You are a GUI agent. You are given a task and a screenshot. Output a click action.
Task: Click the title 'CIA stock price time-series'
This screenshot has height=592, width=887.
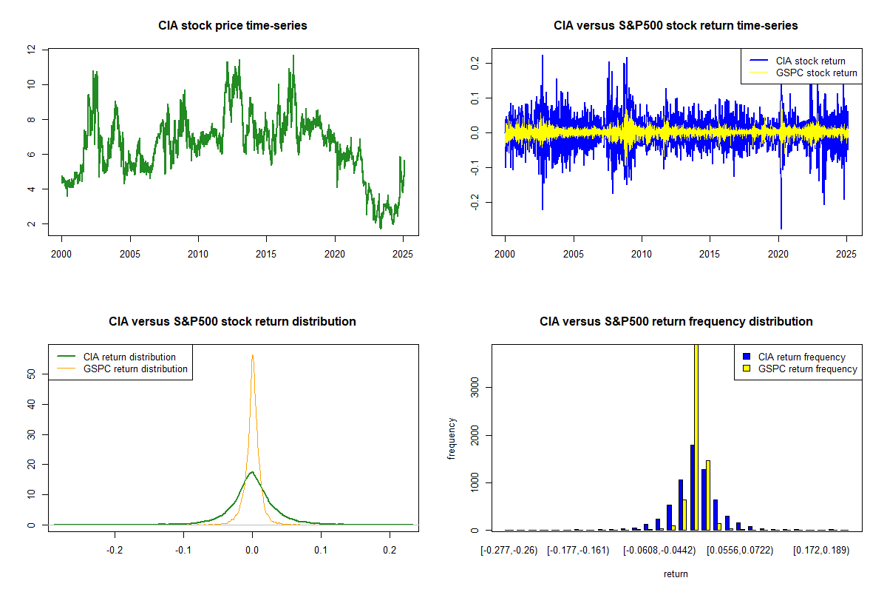[x=232, y=26]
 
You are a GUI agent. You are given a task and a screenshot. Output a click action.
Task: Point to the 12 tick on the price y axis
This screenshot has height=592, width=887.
[x=31, y=50]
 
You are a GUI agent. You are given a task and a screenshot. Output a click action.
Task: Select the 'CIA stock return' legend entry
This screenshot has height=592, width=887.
[x=810, y=61]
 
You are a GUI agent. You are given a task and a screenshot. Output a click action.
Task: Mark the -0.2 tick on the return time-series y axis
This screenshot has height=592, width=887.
[x=475, y=202]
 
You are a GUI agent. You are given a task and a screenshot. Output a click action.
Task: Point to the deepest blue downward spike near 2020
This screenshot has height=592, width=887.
[x=781, y=228]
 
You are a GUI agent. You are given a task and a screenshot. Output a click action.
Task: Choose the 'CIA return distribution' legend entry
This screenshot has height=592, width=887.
[x=129, y=357]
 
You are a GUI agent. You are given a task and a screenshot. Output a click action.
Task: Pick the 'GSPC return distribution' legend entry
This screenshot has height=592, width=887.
[x=135, y=369]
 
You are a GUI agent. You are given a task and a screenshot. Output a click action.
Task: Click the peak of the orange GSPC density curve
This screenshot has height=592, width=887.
[x=252, y=355]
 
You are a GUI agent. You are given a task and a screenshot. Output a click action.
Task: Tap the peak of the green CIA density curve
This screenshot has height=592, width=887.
[x=252, y=472]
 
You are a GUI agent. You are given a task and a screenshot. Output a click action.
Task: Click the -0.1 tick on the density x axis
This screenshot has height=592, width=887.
[x=183, y=550]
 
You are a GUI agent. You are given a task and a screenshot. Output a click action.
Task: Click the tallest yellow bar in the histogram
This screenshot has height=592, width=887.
[x=696, y=437]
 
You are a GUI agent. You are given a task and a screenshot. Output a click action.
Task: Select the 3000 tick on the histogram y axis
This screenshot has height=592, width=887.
[x=475, y=387]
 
